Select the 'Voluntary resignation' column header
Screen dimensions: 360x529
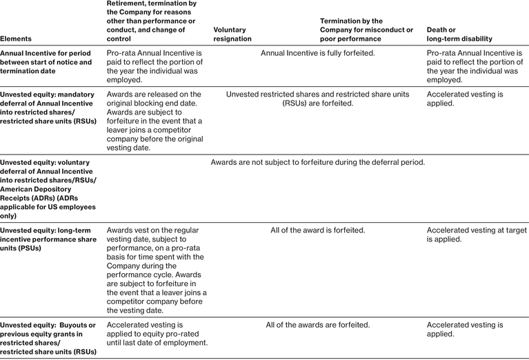coord(232,34)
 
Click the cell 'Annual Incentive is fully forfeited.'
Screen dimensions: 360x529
coord(318,53)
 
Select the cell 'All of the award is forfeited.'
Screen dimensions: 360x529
coord(318,230)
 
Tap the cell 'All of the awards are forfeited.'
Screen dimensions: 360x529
coord(318,324)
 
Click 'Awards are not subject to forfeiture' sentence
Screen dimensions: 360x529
coord(318,162)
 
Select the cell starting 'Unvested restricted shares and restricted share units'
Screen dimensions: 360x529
coord(318,99)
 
